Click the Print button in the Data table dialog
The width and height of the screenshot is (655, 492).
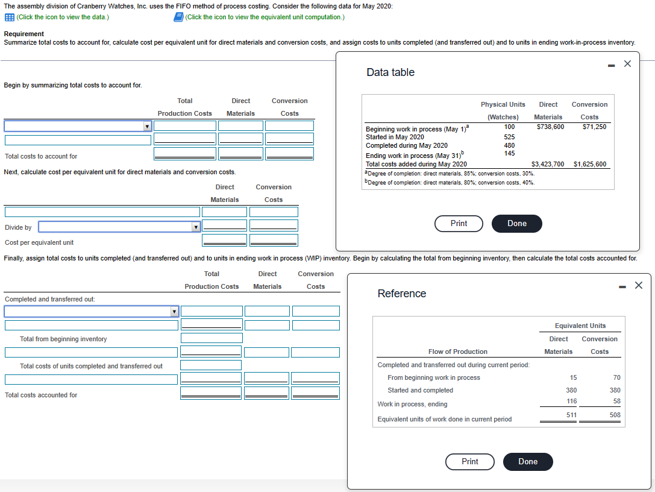point(459,224)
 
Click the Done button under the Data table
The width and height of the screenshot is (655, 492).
point(516,224)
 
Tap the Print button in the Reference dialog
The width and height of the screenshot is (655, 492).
point(469,462)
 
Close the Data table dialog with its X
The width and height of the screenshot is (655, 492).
point(627,64)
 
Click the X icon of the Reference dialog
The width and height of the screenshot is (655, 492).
point(638,285)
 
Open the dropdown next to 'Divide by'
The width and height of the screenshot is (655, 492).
point(195,227)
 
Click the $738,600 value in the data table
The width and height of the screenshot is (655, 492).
point(550,127)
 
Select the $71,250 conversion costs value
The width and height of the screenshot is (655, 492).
point(594,127)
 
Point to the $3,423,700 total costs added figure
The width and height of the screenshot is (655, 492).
point(548,164)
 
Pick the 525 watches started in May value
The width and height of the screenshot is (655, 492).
point(510,137)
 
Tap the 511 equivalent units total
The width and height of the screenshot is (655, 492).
point(572,415)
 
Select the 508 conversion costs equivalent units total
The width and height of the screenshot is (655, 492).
point(615,415)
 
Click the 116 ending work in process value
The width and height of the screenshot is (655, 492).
point(572,402)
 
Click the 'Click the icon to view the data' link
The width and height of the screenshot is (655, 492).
point(63,17)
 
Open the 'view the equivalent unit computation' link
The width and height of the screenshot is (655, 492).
point(265,17)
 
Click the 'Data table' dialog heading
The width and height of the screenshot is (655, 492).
point(390,72)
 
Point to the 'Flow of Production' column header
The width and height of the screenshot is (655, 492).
point(457,352)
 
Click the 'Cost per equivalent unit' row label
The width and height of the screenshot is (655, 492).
point(39,242)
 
